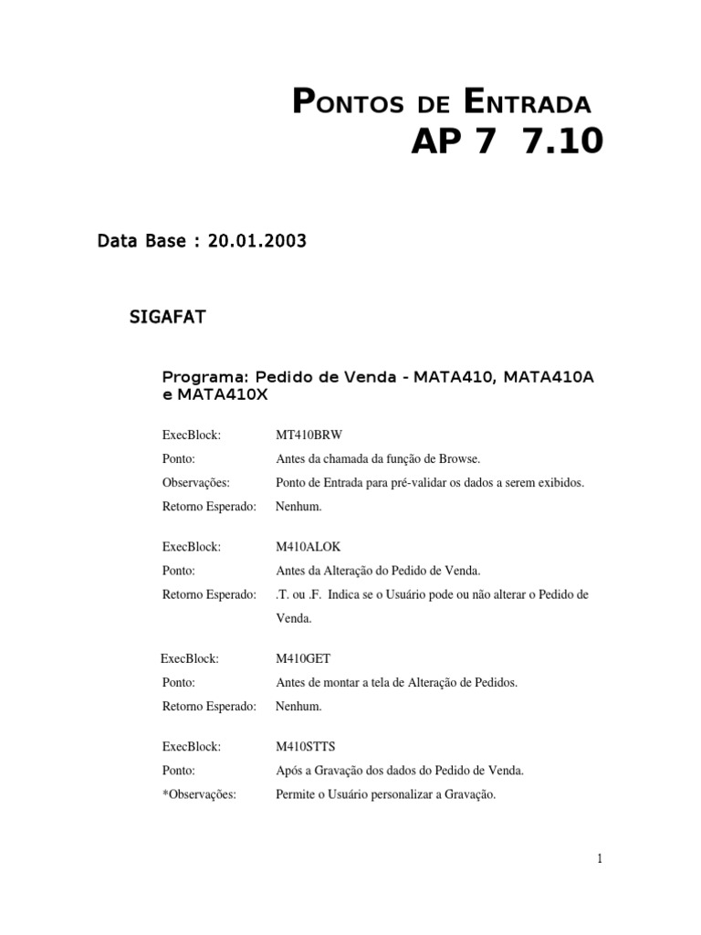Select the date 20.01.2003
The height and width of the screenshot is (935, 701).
click(257, 241)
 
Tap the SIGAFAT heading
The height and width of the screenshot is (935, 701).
click(169, 318)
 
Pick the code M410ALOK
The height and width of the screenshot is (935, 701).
click(308, 547)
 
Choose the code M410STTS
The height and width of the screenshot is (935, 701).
click(306, 747)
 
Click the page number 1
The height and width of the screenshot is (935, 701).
click(600, 858)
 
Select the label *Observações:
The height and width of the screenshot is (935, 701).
click(199, 794)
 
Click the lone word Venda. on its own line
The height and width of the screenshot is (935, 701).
click(294, 618)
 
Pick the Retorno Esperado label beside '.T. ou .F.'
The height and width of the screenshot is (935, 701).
click(209, 594)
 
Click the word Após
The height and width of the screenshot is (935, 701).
click(289, 771)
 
